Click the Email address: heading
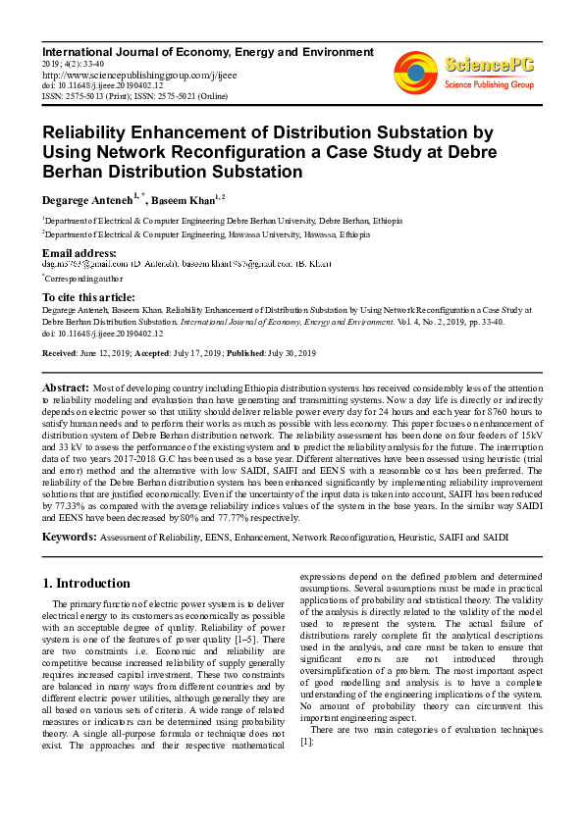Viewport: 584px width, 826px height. tap(79, 253)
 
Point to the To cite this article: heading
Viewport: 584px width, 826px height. tap(88, 297)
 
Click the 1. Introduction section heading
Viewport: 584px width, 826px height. tap(86, 583)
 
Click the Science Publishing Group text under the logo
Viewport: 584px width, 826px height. tap(488, 85)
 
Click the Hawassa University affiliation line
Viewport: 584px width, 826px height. tap(206, 235)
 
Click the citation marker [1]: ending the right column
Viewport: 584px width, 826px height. tap(305, 742)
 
